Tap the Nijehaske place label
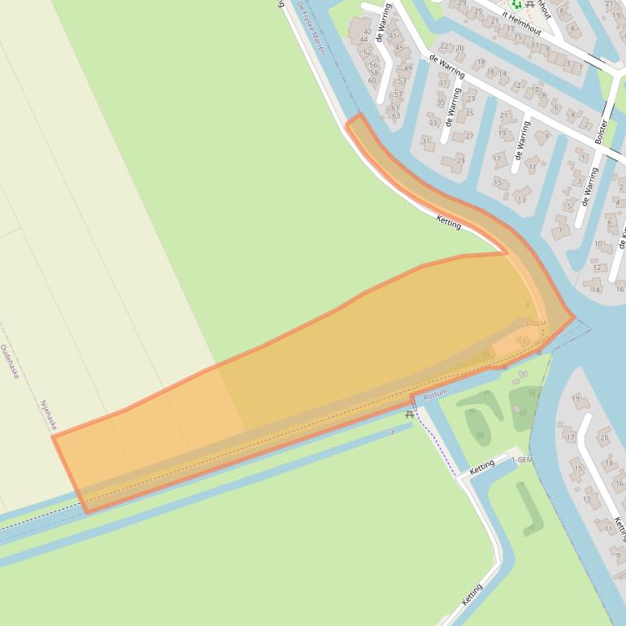point(49,415)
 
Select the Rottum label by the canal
point(435,393)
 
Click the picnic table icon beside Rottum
point(409,414)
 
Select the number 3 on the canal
point(391,433)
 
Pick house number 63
point(396,115)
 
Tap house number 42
point(367,32)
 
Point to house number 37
point(444,83)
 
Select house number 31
point(427,141)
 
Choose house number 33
point(433,123)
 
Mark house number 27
point(469,136)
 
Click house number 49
point(407,67)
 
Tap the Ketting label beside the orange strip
point(448,221)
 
